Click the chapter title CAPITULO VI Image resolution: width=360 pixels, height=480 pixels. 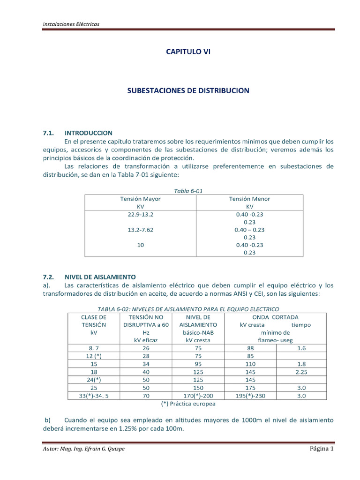pos(188,52)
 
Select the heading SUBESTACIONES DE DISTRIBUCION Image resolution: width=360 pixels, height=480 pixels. pos(188,90)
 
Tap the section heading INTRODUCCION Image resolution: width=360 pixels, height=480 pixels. pos(88,133)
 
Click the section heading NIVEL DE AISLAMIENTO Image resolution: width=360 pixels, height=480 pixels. pos(100,277)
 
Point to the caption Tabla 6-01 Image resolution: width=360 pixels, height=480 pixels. pos(188,191)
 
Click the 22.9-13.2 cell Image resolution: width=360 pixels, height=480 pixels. pos(140,214)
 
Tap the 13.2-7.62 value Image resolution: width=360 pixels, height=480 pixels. pos(140,230)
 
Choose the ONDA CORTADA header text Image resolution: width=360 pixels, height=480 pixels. pos(275,317)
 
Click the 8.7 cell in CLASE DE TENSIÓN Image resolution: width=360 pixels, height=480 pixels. pos(94,347)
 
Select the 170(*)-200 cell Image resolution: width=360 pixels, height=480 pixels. pos(199,395)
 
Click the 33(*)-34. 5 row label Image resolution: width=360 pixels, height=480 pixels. pos(94,395)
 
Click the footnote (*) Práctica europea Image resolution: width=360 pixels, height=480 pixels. pos(188,404)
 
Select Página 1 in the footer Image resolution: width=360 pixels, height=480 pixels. pos(321,449)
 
